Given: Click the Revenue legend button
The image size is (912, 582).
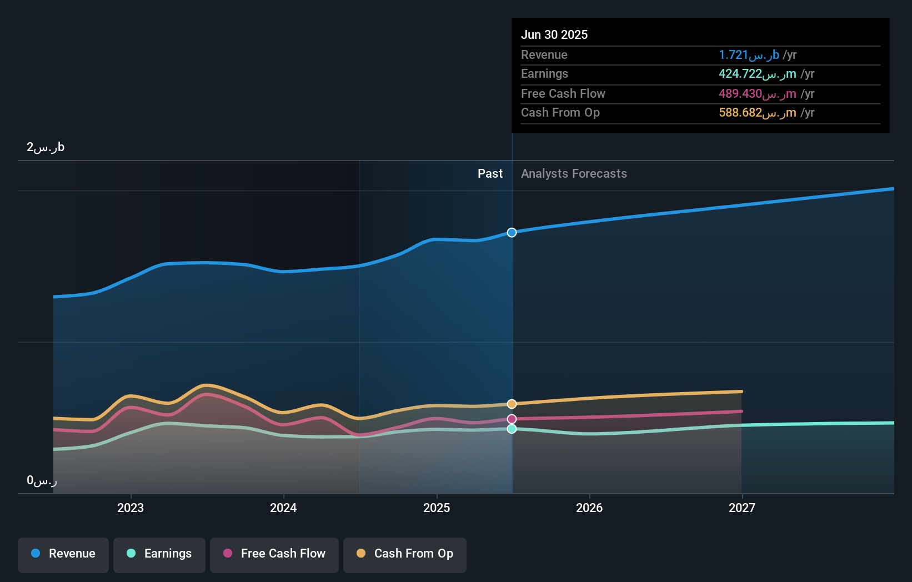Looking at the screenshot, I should (x=63, y=554).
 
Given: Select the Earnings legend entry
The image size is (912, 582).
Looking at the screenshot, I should (x=159, y=554).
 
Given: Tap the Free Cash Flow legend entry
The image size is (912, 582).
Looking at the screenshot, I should (x=274, y=554).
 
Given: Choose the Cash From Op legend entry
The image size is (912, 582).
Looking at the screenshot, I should (x=405, y=554).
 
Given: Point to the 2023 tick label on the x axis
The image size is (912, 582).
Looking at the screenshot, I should (x=131, y=508).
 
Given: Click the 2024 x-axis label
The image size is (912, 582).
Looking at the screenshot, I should (x=283, y=508).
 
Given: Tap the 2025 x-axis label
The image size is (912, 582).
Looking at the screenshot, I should (x=437, y=508).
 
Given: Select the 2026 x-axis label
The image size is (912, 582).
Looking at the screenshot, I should (x=589, y=508).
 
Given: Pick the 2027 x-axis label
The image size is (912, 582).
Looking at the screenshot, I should (x=742, y=508).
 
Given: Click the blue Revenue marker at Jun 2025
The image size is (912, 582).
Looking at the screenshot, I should (x=512, y=233).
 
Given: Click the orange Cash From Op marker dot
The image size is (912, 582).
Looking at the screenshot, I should (x=512, y=404).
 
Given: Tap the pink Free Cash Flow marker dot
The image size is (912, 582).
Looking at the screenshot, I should (x=512, y=419).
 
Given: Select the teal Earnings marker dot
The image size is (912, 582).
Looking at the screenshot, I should (x=512, y=429).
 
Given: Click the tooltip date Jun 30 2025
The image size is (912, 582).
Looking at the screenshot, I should (x=554, y=35).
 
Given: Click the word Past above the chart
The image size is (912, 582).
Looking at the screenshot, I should (x=490, y=174).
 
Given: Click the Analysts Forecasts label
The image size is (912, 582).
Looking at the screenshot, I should (x=574, y=174).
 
